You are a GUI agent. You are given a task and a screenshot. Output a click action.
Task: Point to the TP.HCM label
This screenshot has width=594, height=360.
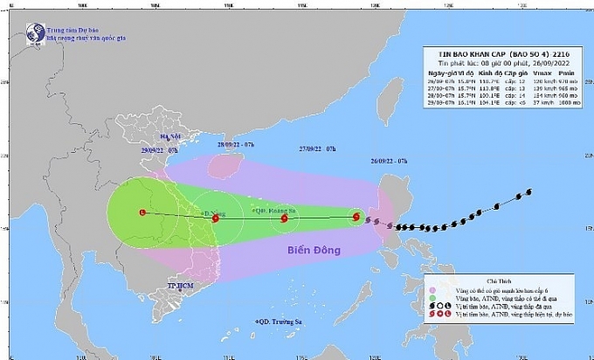pyautogui.click(x=181, y=287)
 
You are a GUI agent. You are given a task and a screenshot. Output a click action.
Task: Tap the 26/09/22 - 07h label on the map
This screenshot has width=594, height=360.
pyautogui.click(x=388, y=161)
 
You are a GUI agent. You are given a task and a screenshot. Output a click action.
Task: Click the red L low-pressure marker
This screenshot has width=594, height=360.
pyautogui.click(x=143, y=212)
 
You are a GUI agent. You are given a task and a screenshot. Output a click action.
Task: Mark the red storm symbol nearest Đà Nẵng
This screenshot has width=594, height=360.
pyautogui.click(x=216, y=218)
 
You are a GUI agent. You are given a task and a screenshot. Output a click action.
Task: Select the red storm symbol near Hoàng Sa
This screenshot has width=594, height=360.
pyautogui.click(x=284, y=219)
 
